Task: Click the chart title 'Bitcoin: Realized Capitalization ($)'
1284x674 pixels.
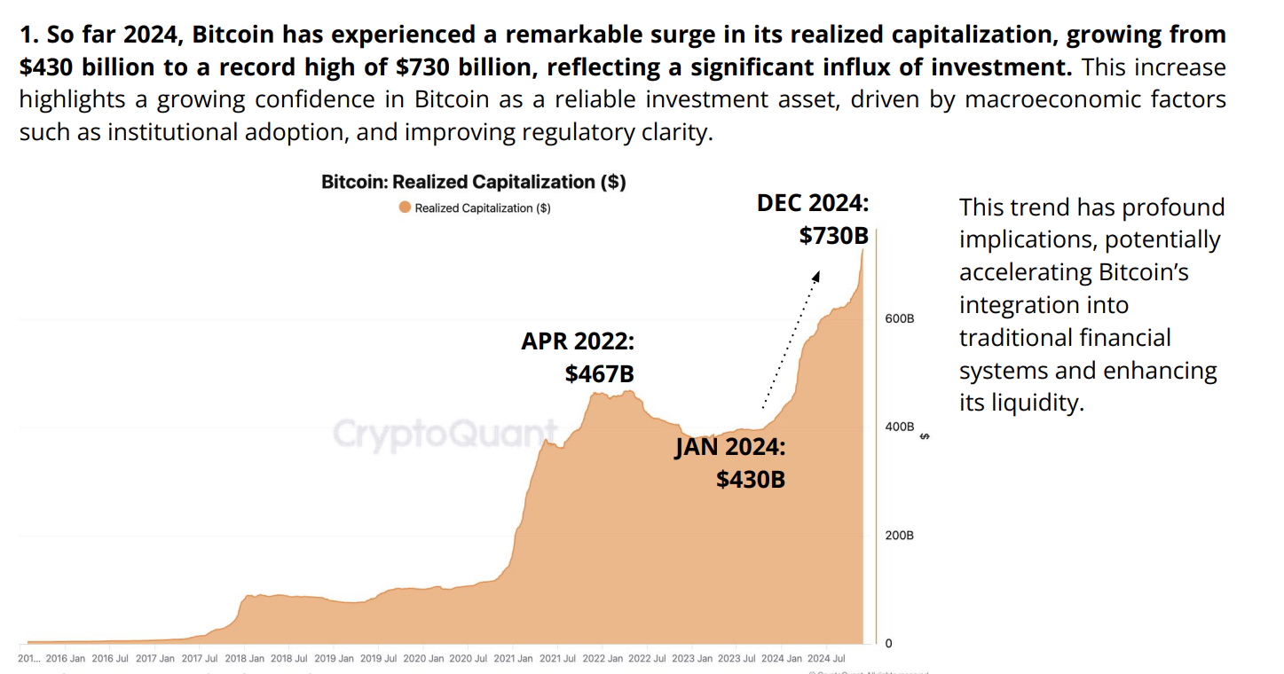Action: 473,182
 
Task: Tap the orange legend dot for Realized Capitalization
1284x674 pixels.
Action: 405,208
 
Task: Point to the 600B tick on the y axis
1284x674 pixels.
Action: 900,318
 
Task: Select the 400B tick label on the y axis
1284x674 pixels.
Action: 900,427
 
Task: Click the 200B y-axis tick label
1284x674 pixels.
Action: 900,536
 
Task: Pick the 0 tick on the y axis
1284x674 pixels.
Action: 888,643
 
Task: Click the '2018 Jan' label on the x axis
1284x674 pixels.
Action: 243,659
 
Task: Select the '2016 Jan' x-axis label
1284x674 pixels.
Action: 65,659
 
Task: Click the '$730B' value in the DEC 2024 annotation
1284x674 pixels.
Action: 833,236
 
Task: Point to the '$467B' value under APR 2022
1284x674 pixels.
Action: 599,374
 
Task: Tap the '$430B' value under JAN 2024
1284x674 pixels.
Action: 751,479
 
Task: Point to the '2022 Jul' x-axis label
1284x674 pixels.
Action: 647,659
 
